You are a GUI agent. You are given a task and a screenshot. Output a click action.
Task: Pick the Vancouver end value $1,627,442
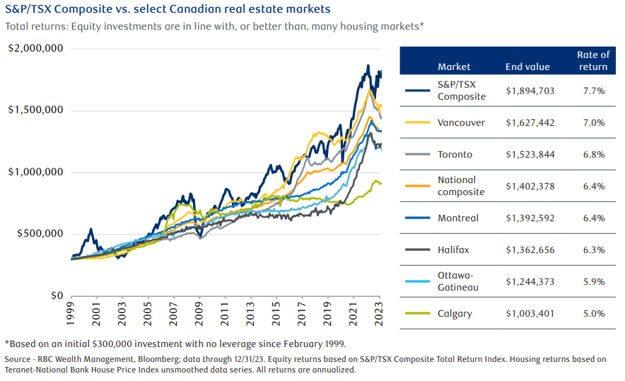coord(530,122)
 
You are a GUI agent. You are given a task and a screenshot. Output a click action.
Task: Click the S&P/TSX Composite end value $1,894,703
coord(530,90)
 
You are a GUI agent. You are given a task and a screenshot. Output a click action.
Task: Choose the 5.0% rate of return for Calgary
coord(593,313)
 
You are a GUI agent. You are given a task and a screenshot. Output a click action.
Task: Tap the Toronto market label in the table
coord(455,154)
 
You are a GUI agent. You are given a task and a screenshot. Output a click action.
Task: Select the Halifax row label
coord(453,250)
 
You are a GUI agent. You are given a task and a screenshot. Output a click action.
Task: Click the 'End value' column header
coord(527,67)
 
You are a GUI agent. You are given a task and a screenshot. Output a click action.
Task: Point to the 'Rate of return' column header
coord(593,61)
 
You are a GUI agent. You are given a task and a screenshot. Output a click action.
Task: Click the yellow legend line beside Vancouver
coord(419,122)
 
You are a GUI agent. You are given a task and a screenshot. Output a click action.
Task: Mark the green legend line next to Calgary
coord(419,313)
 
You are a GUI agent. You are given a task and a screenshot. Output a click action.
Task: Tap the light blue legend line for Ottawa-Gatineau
coord(419,281)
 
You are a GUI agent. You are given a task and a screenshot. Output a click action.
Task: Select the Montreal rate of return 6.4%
coord(593,218)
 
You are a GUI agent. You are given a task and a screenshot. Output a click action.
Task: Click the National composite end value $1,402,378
coord(530,186)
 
